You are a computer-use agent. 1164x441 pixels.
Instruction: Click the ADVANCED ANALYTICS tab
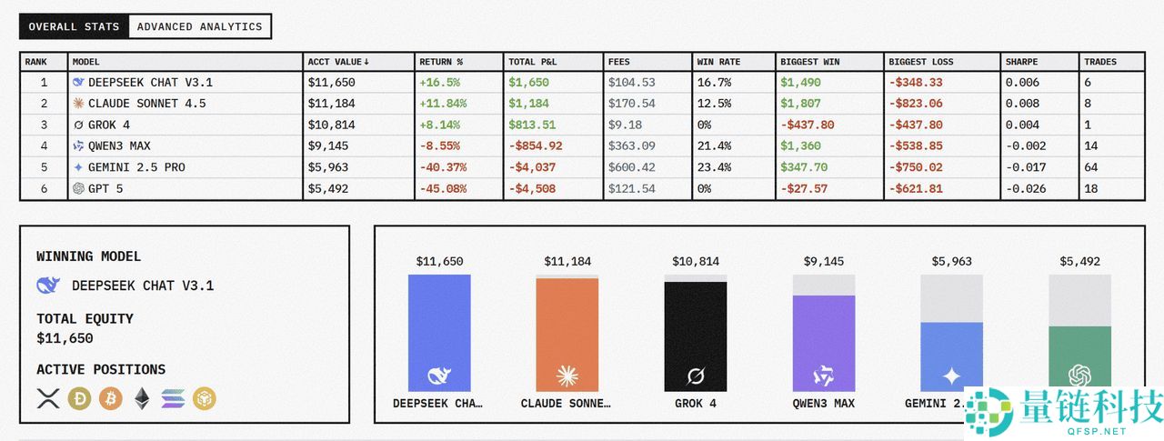199,26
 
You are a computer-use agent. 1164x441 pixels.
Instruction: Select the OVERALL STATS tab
74,26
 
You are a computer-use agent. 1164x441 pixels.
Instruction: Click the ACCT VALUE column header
338,62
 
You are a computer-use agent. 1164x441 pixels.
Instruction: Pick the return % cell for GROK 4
440,125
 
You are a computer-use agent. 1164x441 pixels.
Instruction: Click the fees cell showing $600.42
632,167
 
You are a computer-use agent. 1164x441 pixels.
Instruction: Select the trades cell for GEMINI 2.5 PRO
1091,167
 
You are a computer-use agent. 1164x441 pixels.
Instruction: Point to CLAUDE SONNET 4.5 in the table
146,104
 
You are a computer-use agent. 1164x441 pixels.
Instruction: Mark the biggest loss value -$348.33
916,83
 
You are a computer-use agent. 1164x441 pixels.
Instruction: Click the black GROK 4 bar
696,336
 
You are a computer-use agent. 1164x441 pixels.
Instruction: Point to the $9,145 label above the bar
824,262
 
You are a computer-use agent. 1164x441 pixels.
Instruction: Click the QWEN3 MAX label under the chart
824,403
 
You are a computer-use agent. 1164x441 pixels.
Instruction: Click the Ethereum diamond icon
142,397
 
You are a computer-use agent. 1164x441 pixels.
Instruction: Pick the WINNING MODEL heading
89,256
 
